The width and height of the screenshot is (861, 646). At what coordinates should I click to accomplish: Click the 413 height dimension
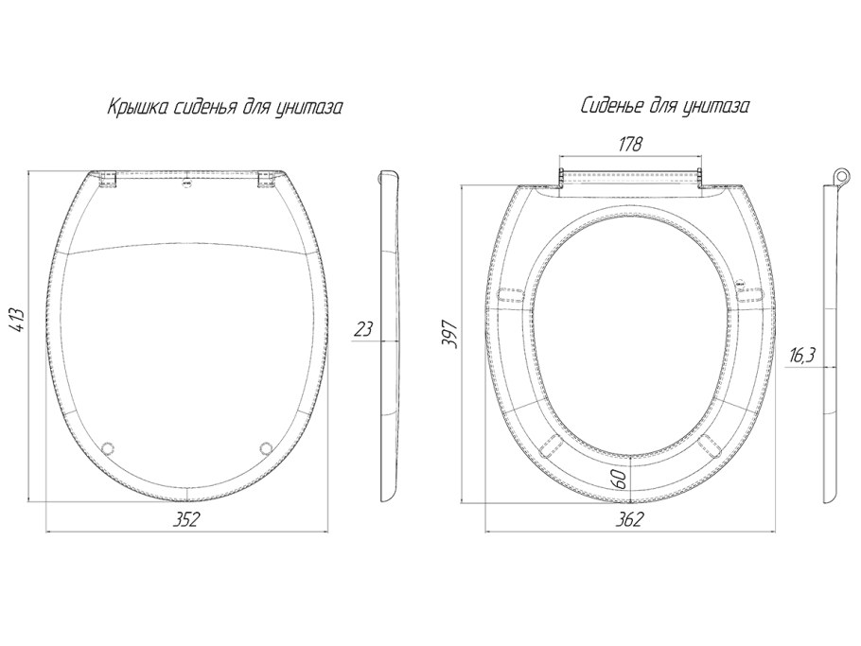pyautogui.click(x=18, y=319)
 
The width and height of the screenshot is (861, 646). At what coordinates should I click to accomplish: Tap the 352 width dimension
pyautogui.click(x=184, y=518)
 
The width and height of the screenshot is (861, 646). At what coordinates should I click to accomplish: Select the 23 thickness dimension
pyautogui.click(x=363, y=329)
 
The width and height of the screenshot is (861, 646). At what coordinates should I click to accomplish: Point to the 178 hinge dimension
pyautogui.click(x=630, y=145)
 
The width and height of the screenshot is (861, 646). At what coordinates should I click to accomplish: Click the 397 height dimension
pyautogui.click(x=450, y=333)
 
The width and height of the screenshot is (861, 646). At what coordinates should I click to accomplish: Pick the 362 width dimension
pyautogui.click(x=629, y=518)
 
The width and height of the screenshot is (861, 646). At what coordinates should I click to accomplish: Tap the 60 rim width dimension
pyautogui.click(x=620, y=479)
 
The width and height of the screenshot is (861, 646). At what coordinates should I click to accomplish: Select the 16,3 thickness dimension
pyautogui.click(x=802, y=357)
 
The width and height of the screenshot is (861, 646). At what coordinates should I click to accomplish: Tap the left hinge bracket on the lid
pyautogui.click(x=109, y=179)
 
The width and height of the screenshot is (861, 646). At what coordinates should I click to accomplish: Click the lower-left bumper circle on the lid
pyautogui.click(x=109, y=448)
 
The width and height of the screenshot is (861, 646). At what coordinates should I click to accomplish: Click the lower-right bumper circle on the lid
pyautogui.click(x=266, y=448)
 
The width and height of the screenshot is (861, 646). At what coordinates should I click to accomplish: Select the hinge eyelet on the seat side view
pyautogui.click(x=839, y=176)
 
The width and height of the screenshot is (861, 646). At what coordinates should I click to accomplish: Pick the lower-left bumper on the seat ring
pyautogui.click(x=551, y=445)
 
